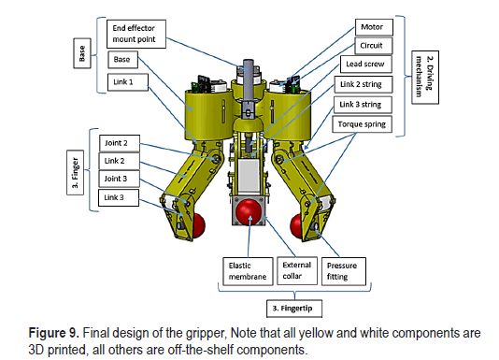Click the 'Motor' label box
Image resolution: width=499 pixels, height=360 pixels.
[x=374, y=27]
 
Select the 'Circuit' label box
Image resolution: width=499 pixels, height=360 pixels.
[x=374, y=46]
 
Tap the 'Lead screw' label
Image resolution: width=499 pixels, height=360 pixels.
[x=366, y=64]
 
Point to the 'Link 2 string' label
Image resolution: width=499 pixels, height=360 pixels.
[x=364, y=84]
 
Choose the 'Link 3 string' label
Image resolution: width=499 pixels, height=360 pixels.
[x=363, y=105]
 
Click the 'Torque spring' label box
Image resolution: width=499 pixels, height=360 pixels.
[x=363, y=124]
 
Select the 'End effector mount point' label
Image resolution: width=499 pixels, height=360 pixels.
[x=136, y=34]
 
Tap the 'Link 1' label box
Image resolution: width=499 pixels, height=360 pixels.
[x=128, y=82]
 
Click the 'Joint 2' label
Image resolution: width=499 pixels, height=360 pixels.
[x=120, y=143]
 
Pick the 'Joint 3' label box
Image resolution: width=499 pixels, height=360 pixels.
[x=119, y=179]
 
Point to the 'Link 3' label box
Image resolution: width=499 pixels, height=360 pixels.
[x=119, y=197]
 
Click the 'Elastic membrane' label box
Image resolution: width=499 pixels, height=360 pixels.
[x=248, y=271]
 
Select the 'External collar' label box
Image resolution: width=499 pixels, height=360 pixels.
[x=297, y=271]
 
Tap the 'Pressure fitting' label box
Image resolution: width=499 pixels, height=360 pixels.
[x=344, y=271]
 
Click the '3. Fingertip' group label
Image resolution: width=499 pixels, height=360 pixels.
[x=294, y=309]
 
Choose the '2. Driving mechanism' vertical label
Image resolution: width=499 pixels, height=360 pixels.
[x=425, y=77]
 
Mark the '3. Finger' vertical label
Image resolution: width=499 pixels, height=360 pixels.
[x=76, y=172]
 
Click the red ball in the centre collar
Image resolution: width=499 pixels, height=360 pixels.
[x=249, y=211]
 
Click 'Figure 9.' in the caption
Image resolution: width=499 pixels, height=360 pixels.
[x=54, y=333]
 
